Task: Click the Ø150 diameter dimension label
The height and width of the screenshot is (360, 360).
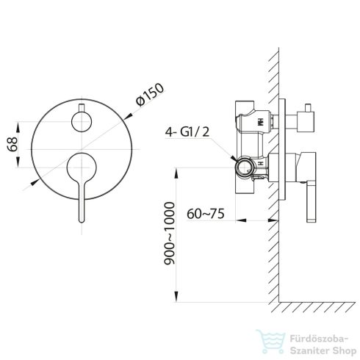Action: (150, 95)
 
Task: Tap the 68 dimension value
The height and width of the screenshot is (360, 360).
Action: (12, 145)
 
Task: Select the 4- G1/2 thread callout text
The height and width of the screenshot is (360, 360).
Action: (187, 132)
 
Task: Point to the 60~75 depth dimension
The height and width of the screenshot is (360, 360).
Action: (206, 214)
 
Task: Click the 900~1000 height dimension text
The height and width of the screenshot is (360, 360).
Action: (170, 234)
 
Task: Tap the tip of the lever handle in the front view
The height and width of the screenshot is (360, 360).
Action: (82, 221)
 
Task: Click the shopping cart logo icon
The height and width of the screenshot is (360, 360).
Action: (270, 342)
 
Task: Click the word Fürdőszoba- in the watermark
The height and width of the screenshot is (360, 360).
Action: (319, 339)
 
